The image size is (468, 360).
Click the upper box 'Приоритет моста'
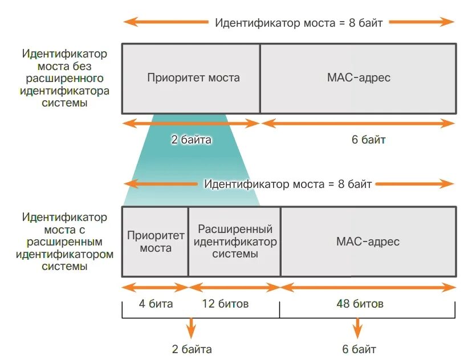point(191,78)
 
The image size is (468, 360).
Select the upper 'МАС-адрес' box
point(358,78)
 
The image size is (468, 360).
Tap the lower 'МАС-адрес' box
point(368,242)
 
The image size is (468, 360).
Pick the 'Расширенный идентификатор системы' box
point(234,242)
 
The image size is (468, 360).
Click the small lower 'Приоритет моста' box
point(155,242)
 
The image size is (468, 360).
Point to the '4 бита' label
point(155,304)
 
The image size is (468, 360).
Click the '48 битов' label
point(359,304)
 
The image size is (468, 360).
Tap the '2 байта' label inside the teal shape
point(192,140)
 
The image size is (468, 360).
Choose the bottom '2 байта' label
point(192,349)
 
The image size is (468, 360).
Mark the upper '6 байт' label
point(368,140)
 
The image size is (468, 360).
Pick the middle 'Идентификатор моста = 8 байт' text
point(288,184)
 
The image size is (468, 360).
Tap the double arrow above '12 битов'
point(234,288)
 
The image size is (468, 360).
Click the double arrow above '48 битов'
point(368,288)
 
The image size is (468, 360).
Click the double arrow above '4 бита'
point(155,288)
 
